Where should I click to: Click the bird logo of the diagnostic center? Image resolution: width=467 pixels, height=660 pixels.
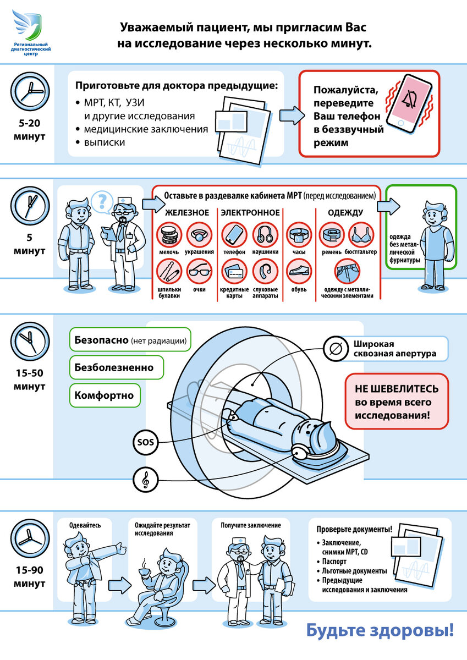click(x=27, y=25)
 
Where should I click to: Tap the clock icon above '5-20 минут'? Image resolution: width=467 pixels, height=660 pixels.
click(x=30, y=92)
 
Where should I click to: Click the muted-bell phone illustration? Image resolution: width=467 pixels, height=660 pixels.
click(x=409, y=105)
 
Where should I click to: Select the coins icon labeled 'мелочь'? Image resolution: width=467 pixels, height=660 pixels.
click(x=169, y=234)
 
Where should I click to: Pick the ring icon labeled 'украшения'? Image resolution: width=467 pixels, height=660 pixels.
click(x=199, y=234)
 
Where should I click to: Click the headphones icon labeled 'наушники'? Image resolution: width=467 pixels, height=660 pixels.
click(x=265, y=234)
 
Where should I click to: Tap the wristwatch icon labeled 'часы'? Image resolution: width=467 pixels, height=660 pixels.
click(x=299, y=234)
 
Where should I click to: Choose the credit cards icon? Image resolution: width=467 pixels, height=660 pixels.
click(x=234, y=272)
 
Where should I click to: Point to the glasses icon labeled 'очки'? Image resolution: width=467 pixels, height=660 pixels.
click(x=199, y=272)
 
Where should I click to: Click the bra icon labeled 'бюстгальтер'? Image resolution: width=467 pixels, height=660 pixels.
click(x=361, y=234)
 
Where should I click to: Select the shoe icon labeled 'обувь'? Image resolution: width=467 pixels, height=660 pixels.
click(x=299, y=272)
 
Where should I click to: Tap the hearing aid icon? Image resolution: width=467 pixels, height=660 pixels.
click(x=265, y=272)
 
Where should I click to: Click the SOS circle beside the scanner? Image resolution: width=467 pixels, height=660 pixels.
click(x=146, y=442)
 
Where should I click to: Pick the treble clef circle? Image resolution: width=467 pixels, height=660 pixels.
click(x=146, y=480)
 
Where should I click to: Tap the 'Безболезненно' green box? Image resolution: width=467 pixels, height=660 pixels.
click(x=117, y=367)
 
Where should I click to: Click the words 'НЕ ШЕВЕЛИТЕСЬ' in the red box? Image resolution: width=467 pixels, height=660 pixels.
click(x=397, y=389)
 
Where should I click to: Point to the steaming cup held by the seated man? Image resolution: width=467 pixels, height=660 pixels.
click(x=144, y=571)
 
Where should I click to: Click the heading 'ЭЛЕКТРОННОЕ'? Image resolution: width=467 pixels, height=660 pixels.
click(x=250, y=212)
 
